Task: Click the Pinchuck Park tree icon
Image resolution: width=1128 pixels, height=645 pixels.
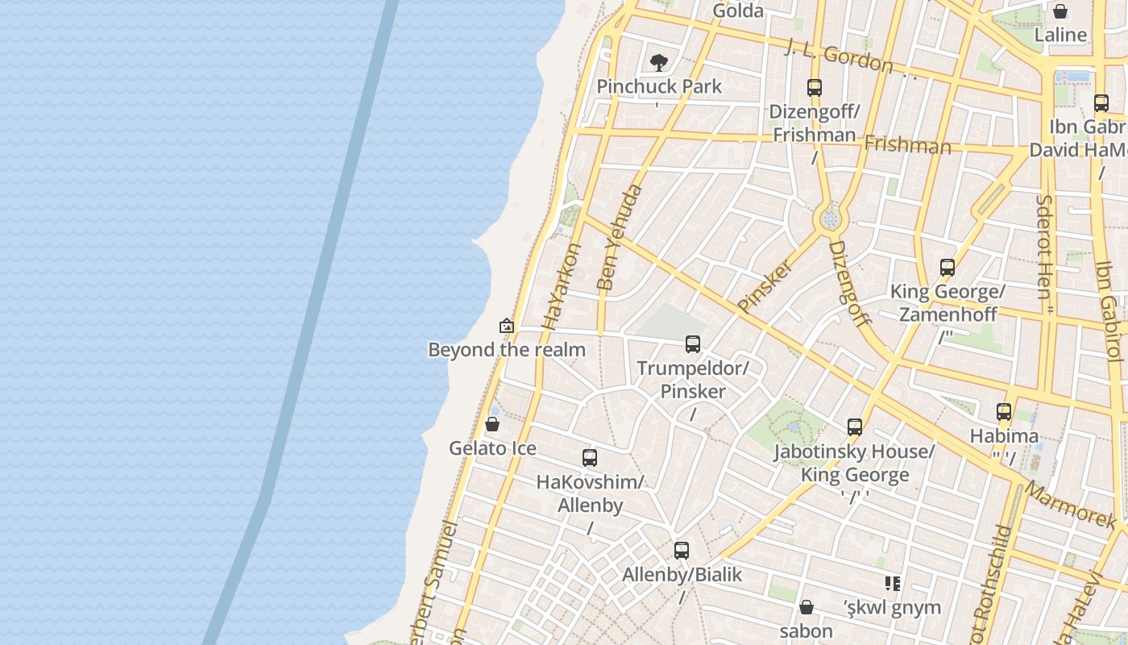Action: (659, 62)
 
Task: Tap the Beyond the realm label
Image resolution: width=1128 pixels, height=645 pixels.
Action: (507, 350)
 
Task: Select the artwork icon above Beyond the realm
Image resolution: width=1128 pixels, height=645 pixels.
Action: (507, 326)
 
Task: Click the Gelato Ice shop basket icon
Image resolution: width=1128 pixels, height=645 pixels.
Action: (492, 424)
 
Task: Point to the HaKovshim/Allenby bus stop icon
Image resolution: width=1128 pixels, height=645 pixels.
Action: (590, 458)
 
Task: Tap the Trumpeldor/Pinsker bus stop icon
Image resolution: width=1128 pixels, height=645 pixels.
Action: (693, 344)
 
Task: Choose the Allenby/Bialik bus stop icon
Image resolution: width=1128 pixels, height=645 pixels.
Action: (682, 551)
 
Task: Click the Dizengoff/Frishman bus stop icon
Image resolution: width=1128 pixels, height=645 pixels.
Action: (815, 88)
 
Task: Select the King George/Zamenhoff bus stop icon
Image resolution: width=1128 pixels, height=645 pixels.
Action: (948, 268)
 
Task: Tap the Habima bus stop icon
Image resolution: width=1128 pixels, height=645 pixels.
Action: (1004, 412)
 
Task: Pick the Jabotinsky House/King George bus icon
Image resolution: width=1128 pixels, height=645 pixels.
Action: (855, 427)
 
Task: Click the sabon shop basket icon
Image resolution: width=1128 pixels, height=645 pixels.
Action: (807, 607)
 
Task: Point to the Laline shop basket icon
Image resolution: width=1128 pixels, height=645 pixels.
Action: (1060, 11)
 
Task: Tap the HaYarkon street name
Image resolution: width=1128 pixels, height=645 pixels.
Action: (562, 286)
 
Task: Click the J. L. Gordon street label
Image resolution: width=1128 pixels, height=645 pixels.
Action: (839, 56)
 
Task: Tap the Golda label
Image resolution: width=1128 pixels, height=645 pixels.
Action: (738, 10)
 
